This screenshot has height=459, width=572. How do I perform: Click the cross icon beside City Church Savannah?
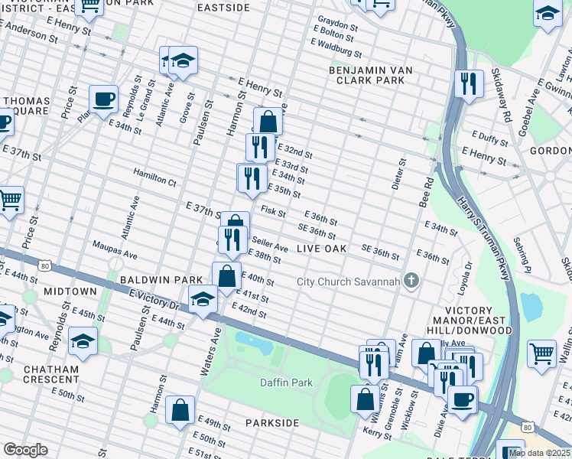(x=411, y=281)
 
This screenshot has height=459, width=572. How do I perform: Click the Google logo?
(x=25, y=449)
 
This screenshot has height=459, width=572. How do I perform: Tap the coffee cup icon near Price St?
(x=103, y=99)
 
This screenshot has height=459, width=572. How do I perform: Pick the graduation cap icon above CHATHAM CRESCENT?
(x=83, y=341)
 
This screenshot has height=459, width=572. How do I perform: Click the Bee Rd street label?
(x=426, y=193)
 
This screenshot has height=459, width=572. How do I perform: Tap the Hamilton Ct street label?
(x=155, y=177)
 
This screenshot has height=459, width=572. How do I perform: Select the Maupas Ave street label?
(x=115, y=249)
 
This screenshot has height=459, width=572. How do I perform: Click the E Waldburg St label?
(x=337, y=50)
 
